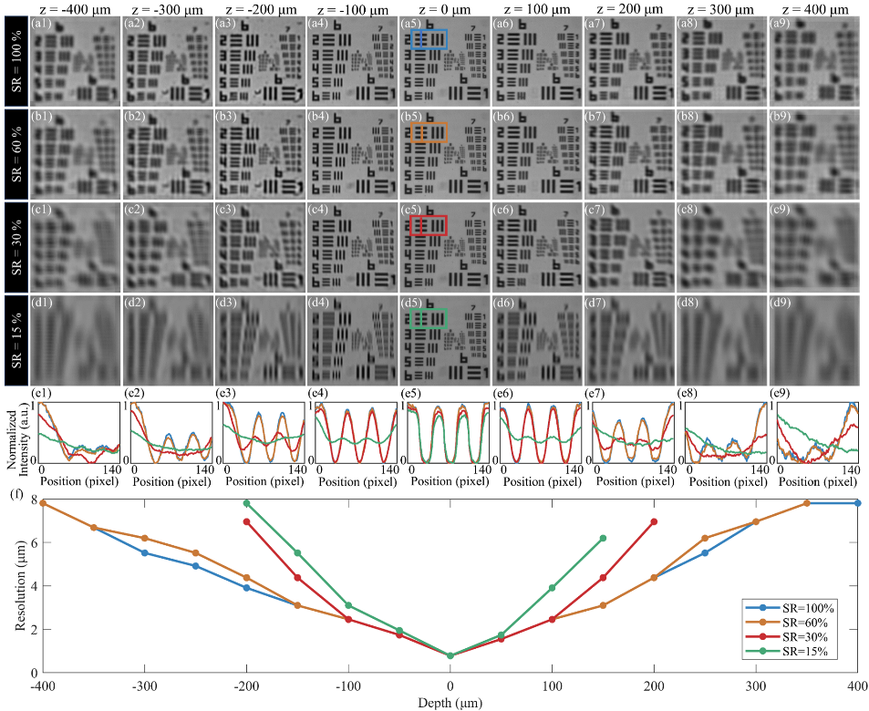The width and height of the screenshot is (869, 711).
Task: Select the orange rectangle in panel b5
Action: [x=429, y=132]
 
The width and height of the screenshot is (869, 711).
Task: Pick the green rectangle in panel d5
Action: [x=429, y=318]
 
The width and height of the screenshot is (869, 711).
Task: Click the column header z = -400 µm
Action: [x=74, y=8]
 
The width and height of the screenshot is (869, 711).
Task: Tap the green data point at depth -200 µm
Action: [x=246, y=503]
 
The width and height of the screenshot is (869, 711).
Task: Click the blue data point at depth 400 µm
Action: [x=857, y=503]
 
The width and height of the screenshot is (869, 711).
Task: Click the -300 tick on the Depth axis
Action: [x=144, y=685]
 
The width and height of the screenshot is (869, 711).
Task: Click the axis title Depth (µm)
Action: [x=450, y=702]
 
